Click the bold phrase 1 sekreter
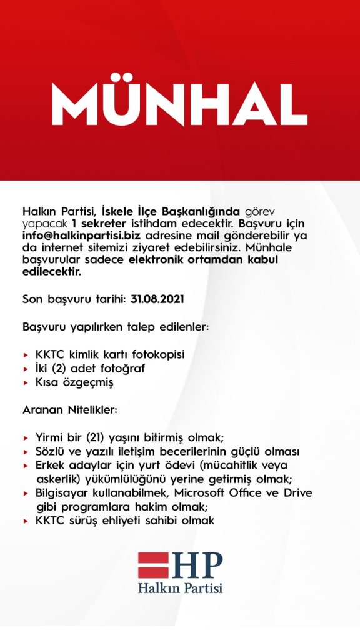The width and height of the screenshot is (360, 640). (99, 224)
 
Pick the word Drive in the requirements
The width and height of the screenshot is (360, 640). (296, 493)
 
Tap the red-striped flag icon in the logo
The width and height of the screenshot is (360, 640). (153, 565)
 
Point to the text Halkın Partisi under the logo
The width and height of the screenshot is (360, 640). (180, 588)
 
